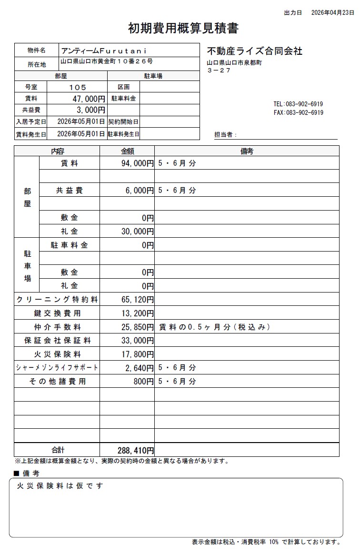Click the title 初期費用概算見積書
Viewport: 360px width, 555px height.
click(183, 29)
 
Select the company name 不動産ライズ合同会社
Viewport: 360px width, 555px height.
click(255, 51)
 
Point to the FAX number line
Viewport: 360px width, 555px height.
click(298, 113)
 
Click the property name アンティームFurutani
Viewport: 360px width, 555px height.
click(104, 50)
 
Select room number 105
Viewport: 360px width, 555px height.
click(78, 87)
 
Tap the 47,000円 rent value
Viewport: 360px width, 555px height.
click(88, 99)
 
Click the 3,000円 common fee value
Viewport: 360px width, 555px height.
click(90, 111)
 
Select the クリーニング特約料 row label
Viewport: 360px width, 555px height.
click(57, 300)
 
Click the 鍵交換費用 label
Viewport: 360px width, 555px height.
click(57, 313)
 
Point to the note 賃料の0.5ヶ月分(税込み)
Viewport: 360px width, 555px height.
click(214, 327)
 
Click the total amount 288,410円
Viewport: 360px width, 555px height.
click(135, 450)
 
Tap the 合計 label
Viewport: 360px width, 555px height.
click(58, 450)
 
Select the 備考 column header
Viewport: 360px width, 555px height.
click(247, 151)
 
